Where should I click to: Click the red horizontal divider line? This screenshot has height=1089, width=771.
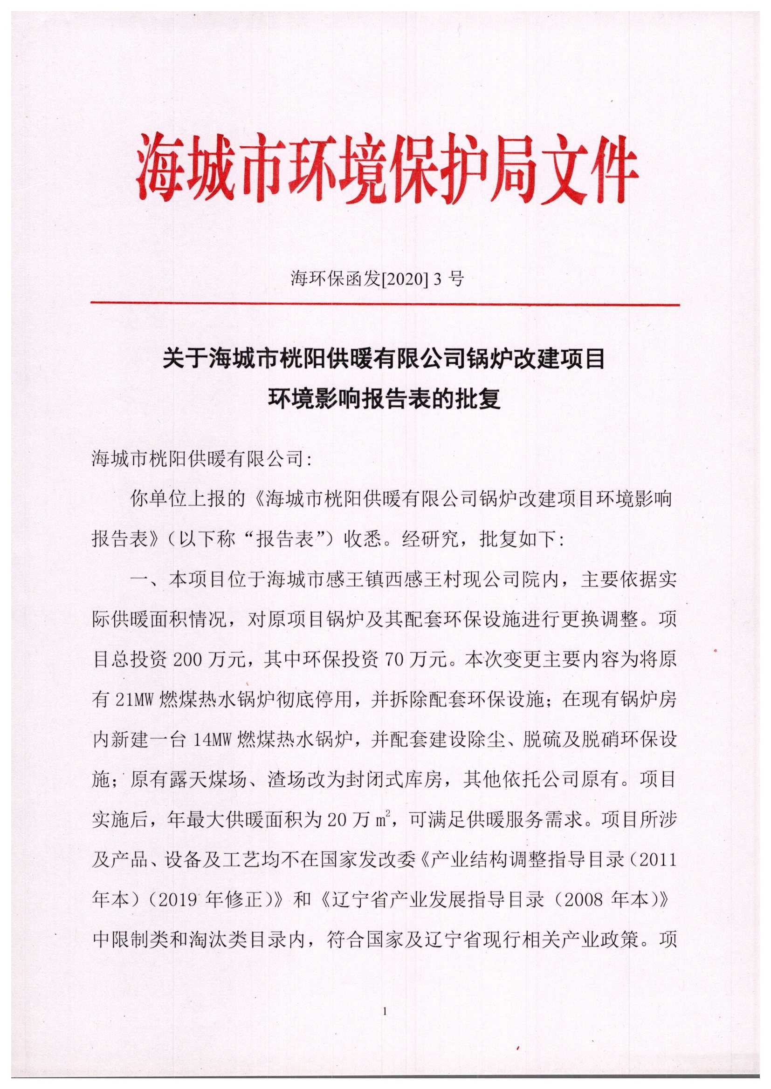(x=385, y=304)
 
